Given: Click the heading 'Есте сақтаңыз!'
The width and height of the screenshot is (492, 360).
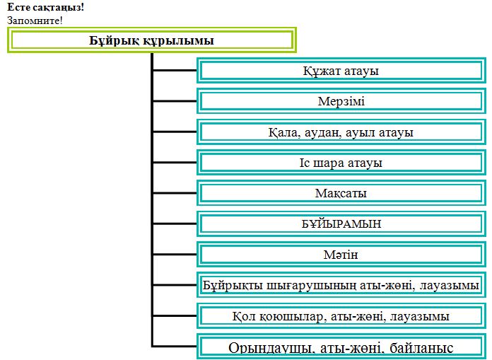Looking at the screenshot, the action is click(x=45, y=7).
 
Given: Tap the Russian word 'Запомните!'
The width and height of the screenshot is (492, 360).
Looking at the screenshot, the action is click(x=35, y=21).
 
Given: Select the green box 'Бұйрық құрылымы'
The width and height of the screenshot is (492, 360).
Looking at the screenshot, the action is click(x=152, y=40).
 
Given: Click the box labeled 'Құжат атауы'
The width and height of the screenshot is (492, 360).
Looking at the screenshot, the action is click(x=341, y=71).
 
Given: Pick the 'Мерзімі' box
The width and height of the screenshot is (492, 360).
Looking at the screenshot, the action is click(x=341, y=101).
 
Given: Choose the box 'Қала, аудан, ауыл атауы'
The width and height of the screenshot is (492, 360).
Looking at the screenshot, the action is click(x=341, y=132).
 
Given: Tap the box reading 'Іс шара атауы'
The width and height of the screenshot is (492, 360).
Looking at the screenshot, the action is click(x=341, y=163).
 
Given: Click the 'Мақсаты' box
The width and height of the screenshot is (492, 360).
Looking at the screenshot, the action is click(x=341, y=193).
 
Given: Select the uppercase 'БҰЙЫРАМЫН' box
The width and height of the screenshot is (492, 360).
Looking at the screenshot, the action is click(x=341, y=223).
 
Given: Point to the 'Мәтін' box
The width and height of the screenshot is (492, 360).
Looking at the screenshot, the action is click(x=341, y=254).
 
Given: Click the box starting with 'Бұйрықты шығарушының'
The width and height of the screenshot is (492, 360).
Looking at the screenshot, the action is click(x=341, y=285).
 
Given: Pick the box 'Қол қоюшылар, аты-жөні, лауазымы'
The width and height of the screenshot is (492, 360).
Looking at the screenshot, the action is click(x=341, y=315).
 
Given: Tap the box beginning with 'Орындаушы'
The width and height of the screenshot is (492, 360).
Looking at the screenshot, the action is click(x=341, y=347).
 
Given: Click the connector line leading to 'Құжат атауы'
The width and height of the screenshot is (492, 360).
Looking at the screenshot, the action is click(x=175, y=71).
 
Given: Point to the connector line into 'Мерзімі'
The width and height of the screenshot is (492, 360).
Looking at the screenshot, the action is click(x=175, y=101).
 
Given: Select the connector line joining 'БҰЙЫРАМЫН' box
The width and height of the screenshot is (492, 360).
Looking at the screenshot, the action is click(x=175, y=223).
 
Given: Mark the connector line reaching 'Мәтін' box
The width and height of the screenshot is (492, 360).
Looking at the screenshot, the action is click(x=175, y=254).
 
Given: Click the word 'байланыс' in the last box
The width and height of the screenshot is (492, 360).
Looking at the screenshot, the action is click(x=421, y=348).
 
